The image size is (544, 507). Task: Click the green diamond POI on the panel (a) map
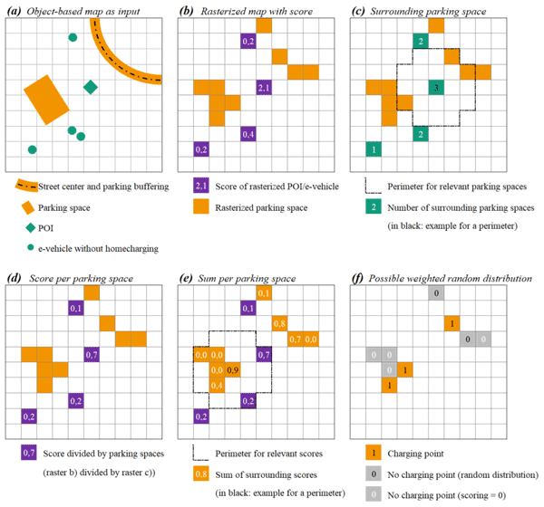coord(91,87)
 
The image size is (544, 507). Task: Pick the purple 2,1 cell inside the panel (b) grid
coord(264,88)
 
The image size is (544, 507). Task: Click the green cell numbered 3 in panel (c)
coord(436,88)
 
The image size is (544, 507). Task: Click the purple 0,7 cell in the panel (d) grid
coord(91,354)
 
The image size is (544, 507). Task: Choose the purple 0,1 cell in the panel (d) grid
coord(75,308)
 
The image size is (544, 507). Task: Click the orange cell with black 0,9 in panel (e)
coord(233,370)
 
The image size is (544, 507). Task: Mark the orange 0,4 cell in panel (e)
coord(217,386)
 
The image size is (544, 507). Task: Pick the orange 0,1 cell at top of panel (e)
coord(264,292)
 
